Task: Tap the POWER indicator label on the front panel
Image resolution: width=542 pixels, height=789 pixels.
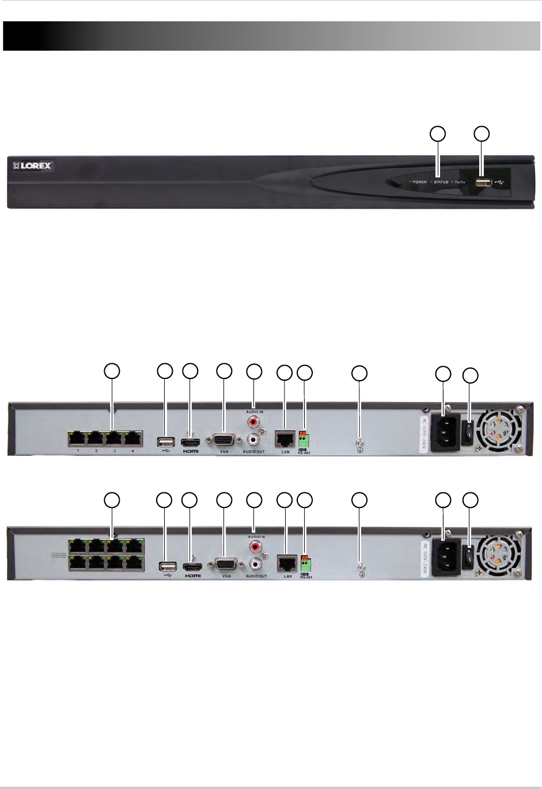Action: point(419,182)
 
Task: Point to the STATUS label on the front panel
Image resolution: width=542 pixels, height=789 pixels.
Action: point(441,182)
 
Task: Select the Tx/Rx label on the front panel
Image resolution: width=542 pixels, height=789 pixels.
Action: point(460,182)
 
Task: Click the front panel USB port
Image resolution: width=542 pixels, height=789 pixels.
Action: point(483,183)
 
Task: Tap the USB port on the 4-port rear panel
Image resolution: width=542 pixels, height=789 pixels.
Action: point(165,442)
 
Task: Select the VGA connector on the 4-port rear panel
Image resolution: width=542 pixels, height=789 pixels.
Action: point(224,441)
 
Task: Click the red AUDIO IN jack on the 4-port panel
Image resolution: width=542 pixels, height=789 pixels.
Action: point(253,423)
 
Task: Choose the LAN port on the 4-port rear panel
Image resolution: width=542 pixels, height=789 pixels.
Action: point(285,439)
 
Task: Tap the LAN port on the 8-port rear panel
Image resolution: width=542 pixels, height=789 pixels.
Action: point(287,563)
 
